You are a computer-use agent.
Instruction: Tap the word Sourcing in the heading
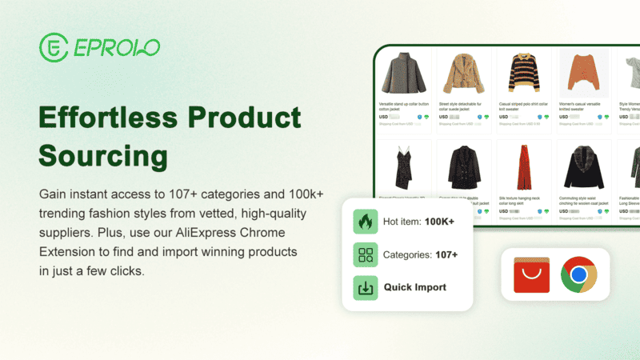click(x=102, y=155)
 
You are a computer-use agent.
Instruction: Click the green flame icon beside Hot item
click(x=365, y=222)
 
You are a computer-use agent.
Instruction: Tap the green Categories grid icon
click(x=365, y=254)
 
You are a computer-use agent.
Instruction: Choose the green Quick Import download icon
click(x=365, y=287)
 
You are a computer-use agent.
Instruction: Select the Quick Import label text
click(x=415, y=287)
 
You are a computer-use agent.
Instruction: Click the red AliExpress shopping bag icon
click(x=530, y=276)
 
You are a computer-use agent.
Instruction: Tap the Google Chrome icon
click(x=578, y=276)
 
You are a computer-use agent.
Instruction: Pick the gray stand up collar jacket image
click(x=402, y=73)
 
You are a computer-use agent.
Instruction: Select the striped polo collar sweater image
click(x=522, y=73)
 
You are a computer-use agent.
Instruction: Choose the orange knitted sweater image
click(x=583, y=73)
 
